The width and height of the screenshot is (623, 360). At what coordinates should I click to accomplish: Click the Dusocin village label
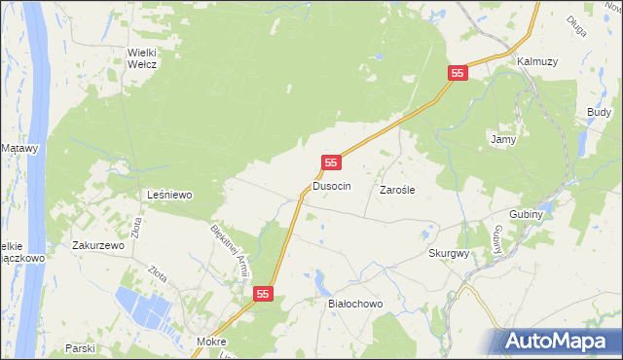(331, 185)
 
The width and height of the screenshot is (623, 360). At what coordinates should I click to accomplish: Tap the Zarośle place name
(397, 191)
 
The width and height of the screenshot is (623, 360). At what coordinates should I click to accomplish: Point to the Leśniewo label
(169, 195)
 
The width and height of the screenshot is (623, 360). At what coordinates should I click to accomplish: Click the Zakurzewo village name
(98, 246)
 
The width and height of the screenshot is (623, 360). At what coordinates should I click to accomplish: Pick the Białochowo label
(355, 304)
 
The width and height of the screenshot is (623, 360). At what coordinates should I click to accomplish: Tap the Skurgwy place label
(449, 252)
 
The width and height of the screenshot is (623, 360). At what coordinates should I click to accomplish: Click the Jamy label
(502, 139)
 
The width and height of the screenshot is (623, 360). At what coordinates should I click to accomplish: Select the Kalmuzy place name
(537, 61)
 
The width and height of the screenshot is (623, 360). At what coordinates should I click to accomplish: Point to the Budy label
(599, 113)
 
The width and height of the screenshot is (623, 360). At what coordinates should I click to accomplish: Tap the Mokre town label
(211, 342)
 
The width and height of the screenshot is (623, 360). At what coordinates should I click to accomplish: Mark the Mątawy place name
(19, 148)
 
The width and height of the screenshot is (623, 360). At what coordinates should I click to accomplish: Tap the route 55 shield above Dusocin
(332, 162)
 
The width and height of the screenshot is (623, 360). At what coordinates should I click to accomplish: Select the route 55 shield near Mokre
(264, 293)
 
